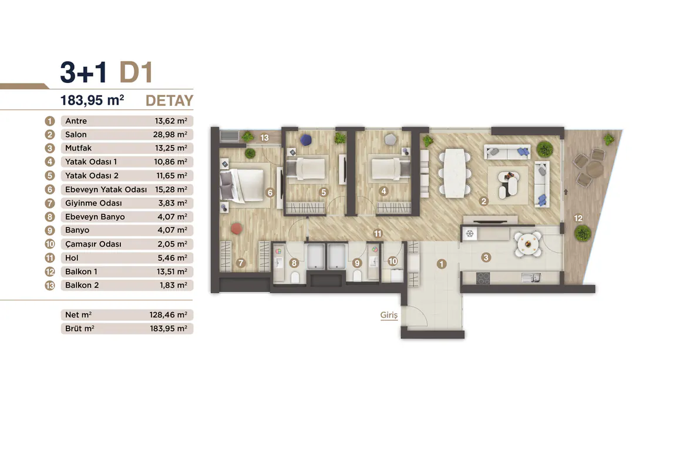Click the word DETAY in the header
[169, 100]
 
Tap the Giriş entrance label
[389, 315]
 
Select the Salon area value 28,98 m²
[170, 135]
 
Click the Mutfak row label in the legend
[79, 148]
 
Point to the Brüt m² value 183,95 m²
[169, 328]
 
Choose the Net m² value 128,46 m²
[169, 315]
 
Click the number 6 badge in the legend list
[50, 190]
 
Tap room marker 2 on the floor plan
[484, 201]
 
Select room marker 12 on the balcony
[578, 219]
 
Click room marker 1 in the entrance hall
[442, 264]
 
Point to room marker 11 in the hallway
[378, 233]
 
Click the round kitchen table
[528, 244]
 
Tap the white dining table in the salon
[455, 173]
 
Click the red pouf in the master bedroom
[236, 229]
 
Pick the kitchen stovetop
[483, 278]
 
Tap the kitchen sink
[531, 278]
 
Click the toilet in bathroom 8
[295, 277]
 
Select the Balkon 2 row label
[82, 285]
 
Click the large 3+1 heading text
[84, 72]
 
